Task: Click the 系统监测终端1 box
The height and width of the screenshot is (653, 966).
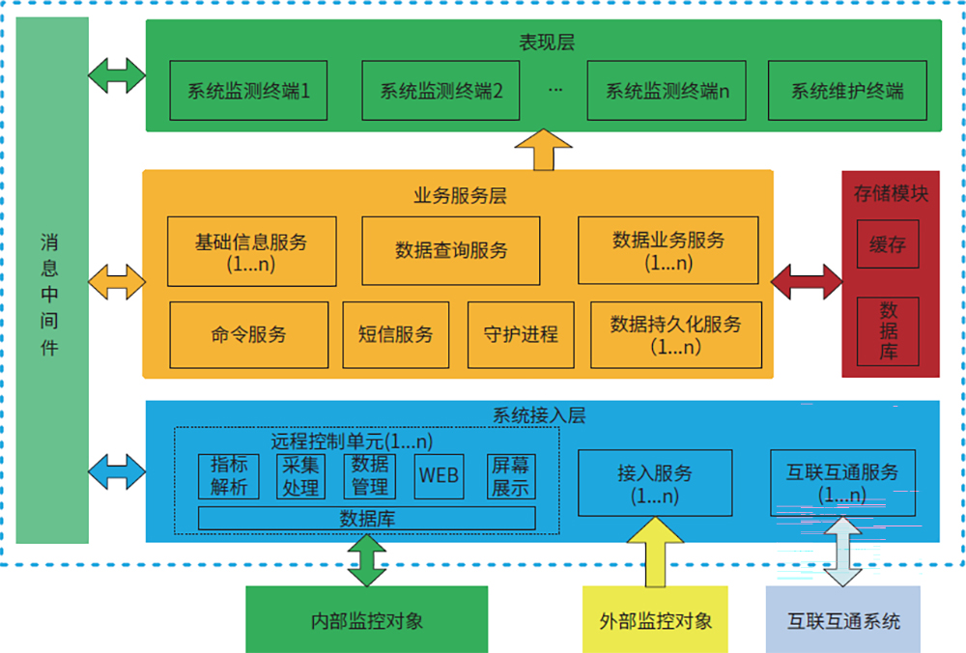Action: point(248,91)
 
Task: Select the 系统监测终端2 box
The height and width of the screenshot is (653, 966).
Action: point(441,91)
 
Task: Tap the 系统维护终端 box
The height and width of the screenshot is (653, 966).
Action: point(847,91)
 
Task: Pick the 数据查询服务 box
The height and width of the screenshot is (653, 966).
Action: point(451,251)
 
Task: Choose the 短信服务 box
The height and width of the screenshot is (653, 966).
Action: point(395,335)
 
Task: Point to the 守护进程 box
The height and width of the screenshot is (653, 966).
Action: point(521,335)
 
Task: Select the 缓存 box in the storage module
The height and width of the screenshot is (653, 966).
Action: point(888,244)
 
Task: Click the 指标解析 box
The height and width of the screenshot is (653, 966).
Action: point(229,476)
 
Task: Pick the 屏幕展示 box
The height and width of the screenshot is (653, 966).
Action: point(511,476)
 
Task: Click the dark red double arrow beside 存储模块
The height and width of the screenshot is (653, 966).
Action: point(808,281)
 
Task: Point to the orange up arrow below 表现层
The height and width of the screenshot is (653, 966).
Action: point(544,151)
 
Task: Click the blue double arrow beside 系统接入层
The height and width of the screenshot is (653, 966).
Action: point(116,471)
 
